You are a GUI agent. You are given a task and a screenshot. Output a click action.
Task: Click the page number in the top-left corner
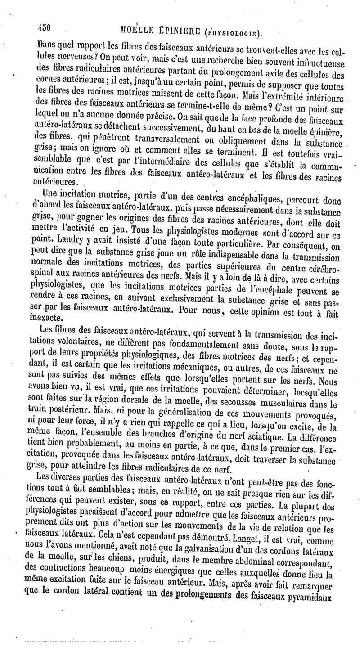45,27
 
